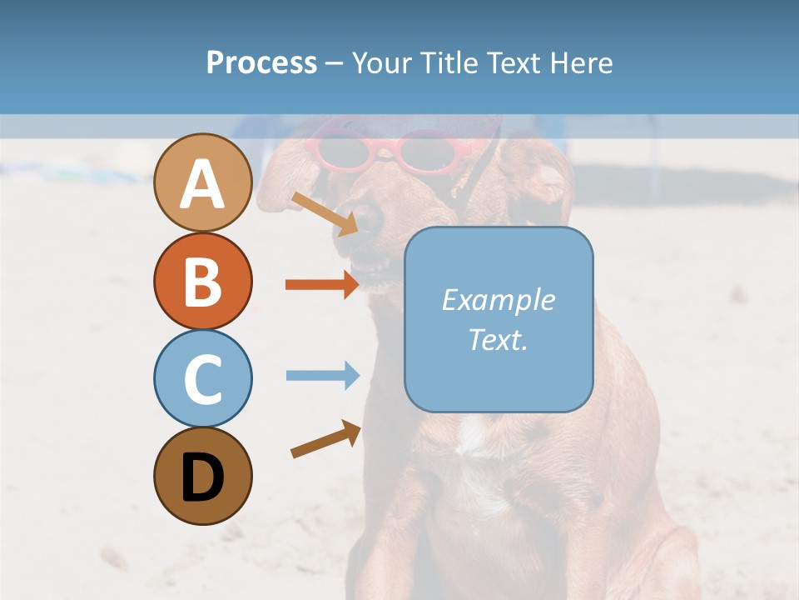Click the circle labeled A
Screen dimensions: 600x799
pos(202,183)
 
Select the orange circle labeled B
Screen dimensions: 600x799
pos(202,281)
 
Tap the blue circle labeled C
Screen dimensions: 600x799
pos(202,378)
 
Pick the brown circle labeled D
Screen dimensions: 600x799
pos(202,476)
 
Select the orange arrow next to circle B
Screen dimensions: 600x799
pos(321,284)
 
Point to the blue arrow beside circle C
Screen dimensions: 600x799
pos(321,375)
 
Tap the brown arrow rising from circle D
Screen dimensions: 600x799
pos(325,439)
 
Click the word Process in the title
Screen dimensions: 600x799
pos(261,62)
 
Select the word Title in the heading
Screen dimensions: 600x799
pos(448,62)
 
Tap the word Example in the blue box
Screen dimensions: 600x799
pos(498,300)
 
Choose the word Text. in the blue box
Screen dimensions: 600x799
pos(498,340)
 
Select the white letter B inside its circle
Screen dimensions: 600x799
pos(202,281)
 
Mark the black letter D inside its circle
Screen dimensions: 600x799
pos(202,477)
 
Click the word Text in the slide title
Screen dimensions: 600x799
pos(511,62)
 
